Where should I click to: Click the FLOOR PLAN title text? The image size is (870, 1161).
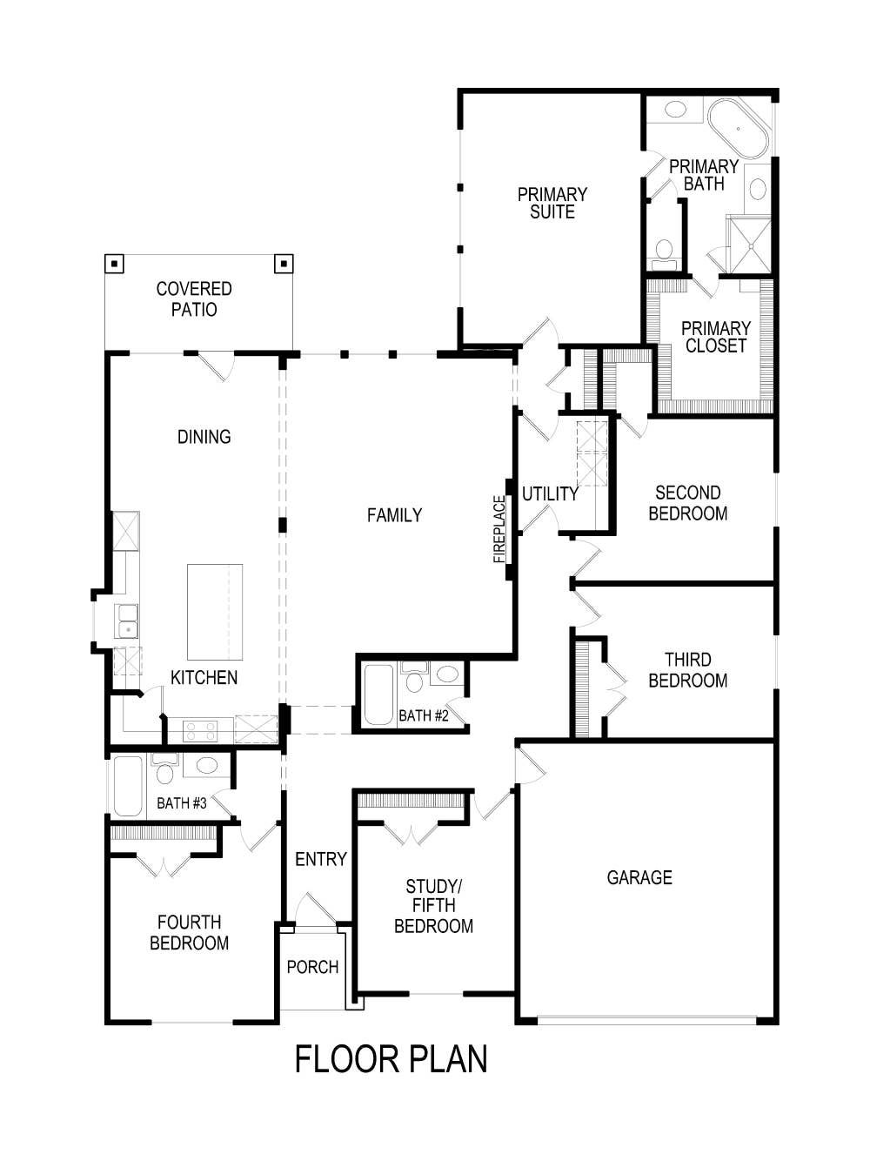[x=391, y=1059]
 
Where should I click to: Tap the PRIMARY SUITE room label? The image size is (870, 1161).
[x=552, y=203]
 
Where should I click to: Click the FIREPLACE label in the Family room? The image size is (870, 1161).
[x=499, y=529]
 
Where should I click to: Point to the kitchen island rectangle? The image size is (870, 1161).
[x=215, y=612]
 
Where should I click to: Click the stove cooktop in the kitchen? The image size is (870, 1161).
[x=200, y=730]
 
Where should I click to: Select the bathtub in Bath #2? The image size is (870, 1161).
[x=378, y=695]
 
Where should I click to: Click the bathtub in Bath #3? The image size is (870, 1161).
[x=128, y=786]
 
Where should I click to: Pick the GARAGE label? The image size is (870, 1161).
[x=639, y=877]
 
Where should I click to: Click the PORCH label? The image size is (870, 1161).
[x=312, y=967]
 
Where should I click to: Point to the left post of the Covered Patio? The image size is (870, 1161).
[x=114, y=264]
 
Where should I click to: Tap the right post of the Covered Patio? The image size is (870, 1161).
[x=284, y=264]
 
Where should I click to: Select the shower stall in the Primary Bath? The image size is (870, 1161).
[x=749, y=245]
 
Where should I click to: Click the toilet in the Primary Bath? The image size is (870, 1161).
[x=665, y=251]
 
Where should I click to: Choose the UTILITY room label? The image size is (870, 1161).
[x=550, y=494]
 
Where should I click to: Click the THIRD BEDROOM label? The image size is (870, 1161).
[x=687, y=670]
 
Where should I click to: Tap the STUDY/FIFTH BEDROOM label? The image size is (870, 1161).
[x=433, y=906]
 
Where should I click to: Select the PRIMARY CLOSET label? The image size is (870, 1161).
[x=715, y=337]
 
